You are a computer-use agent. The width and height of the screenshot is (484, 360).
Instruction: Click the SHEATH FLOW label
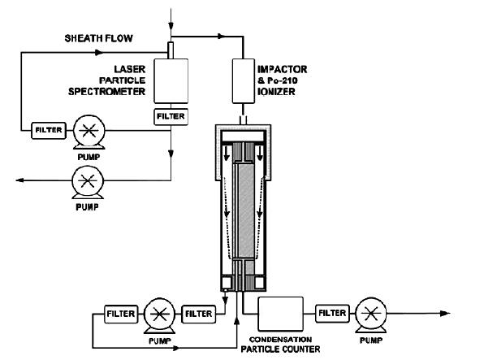pos(99,38)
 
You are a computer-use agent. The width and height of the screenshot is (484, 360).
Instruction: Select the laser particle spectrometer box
pos(171,81)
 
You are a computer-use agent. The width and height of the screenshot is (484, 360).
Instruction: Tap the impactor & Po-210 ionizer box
pos(244,81)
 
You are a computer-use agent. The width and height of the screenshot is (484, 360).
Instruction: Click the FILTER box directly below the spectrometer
pos(171,117)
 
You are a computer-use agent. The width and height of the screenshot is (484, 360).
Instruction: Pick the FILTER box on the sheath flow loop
pos(49,130)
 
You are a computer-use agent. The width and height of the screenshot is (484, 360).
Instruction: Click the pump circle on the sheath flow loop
pos(89,130)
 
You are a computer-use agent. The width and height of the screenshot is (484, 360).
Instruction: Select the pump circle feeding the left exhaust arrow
pos(88,180)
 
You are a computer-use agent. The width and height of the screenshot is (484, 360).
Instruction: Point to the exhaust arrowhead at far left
pos(19,180)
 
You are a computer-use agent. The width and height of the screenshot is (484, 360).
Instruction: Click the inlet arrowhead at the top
pos(171,26)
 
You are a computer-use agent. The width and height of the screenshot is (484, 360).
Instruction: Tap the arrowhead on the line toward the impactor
pos(222,37)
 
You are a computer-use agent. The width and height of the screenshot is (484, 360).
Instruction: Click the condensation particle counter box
pos(281,314)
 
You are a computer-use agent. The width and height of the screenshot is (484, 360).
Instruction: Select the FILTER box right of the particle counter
pos(332,314)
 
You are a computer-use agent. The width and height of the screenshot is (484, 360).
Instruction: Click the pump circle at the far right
pos(371,314)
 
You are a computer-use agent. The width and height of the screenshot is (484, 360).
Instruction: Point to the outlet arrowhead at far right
pos(445,314)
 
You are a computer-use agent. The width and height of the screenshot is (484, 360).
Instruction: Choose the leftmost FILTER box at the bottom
pos(121,314)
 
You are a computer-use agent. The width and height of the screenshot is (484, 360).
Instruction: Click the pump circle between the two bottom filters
pos(159,314)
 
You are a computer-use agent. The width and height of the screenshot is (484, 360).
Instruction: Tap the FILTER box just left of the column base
pos(198,314)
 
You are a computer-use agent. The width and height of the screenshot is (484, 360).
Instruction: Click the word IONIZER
pos(276,92)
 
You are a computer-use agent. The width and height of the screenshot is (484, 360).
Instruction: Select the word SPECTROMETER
pos(107,92)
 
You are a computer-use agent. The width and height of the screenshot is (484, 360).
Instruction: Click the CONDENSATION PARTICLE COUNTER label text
pos(281,345)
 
